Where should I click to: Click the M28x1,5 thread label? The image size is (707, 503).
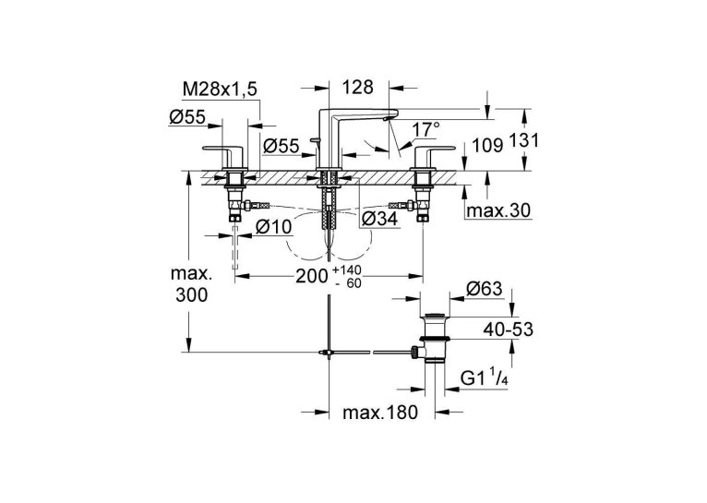(x=220, y=90)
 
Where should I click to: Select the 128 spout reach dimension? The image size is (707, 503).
(x=358, y=87)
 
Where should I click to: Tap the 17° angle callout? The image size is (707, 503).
(x=425, y=130)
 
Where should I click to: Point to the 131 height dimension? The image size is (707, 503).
(x=524, y=140)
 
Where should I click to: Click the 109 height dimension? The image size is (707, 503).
(x=487, y=145)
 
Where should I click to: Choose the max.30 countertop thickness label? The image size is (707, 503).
(x=498, y=210)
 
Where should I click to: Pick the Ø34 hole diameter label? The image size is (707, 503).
(x=380, y=219)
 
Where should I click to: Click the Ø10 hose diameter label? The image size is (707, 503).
(x=274, y=227)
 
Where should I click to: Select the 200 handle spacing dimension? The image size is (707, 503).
(x=312, y=276)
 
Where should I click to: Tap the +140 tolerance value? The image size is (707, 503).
(x=347, y=270)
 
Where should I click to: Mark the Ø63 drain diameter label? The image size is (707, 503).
(x=484, y=289)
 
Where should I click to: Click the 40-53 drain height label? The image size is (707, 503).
(x=509, y=329)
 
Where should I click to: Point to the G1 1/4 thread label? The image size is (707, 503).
(x=485, y=378)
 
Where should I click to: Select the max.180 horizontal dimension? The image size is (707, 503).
(x=380, y=412)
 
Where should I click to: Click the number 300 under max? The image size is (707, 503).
(x=192, y=295)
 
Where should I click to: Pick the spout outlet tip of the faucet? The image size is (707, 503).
(x=385, y=119)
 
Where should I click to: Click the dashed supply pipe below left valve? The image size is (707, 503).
(x=235, y=247)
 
